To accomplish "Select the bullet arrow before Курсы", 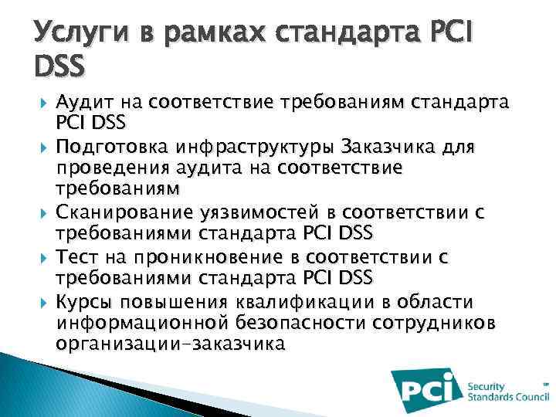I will tap(43, 301).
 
